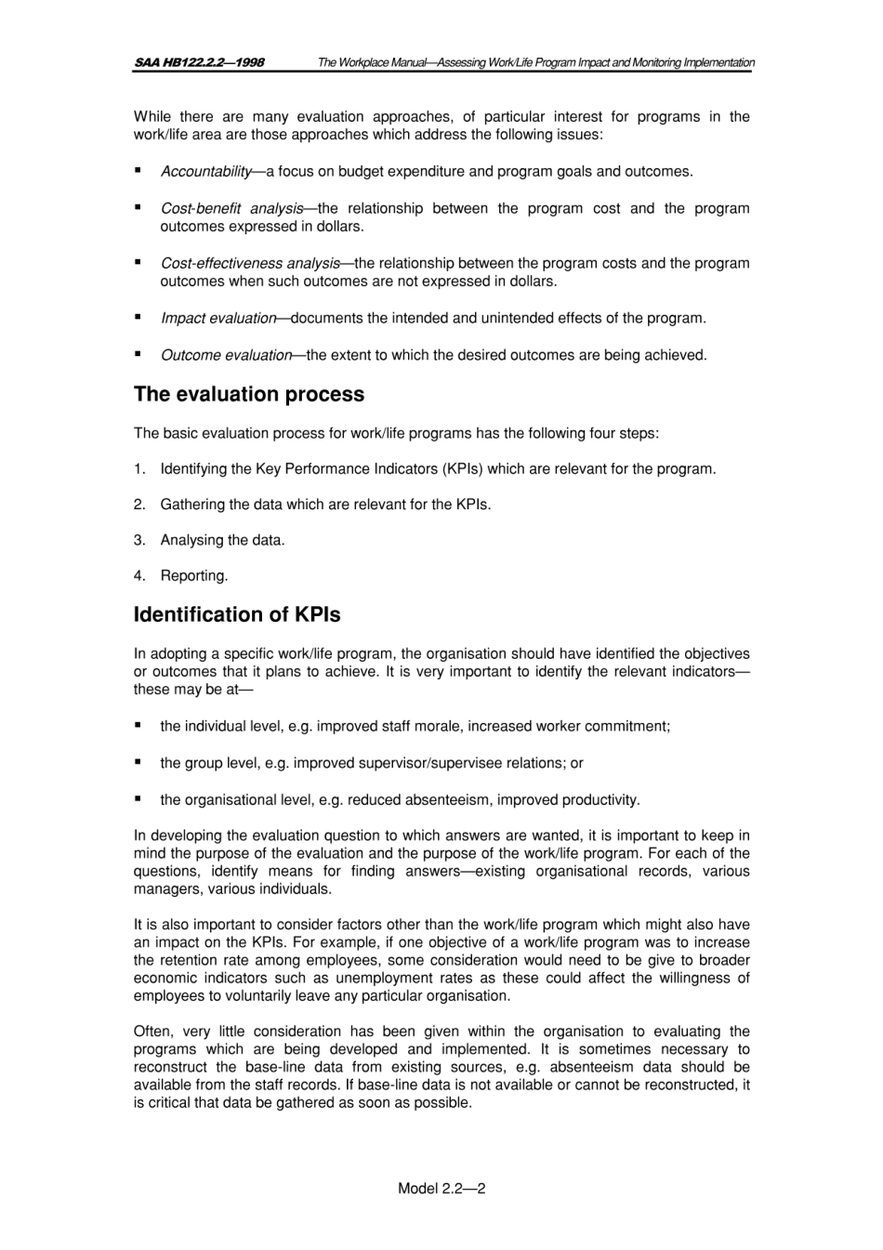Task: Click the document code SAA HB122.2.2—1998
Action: coord(199,62)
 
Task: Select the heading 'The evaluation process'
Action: coord(249,394)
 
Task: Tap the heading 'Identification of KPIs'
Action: coord(237,615)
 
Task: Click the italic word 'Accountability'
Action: coord(205,171)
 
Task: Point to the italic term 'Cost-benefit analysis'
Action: coord(231,208)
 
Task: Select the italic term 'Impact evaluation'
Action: coord(218,318)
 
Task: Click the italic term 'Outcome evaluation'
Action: coord(226,355)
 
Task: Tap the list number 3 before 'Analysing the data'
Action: coord(138,540)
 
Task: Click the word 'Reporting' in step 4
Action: coord(193,576)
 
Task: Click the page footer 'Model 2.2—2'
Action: coord(441,1188)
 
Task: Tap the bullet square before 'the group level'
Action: coord(138,762)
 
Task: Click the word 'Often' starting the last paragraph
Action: coord(152,1032)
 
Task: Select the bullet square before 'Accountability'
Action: coord(138,170)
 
